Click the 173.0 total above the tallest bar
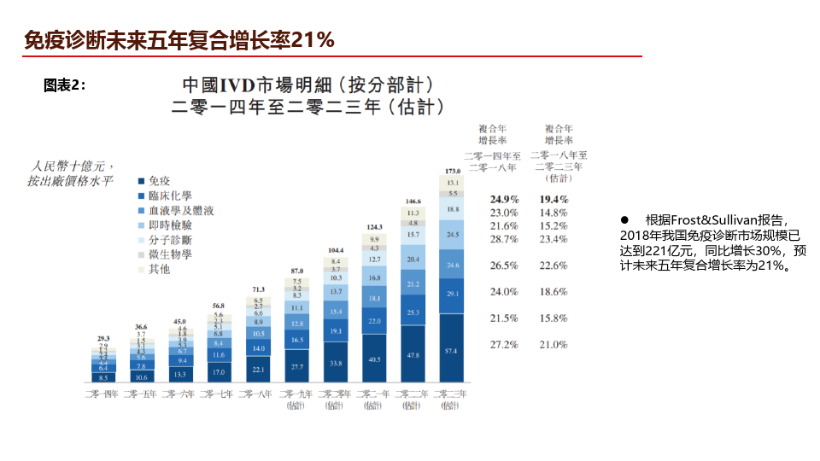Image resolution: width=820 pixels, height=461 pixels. click(x=453, y=171)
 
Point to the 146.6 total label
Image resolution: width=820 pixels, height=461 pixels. click(x=413, y=201)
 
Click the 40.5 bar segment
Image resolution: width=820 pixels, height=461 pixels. click(x=374, y=359)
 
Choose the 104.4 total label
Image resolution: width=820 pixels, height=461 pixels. click(x=335, y=250)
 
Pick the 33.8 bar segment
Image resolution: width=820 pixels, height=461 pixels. click(x=335, y=363)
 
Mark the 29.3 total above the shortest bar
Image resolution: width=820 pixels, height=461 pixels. click(x=102, y=339)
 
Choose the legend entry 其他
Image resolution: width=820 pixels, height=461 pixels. click(x=159, y=269)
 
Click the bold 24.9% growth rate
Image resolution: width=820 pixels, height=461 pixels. click(x=504, y=199)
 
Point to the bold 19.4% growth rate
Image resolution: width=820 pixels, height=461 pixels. click(x=553, y=199)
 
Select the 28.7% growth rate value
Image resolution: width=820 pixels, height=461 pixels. click(x=504, y=239)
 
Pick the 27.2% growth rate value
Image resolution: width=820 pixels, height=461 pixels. click(x=504, y=344)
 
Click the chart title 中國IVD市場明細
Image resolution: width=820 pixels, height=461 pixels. click(x=256, y=85)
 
